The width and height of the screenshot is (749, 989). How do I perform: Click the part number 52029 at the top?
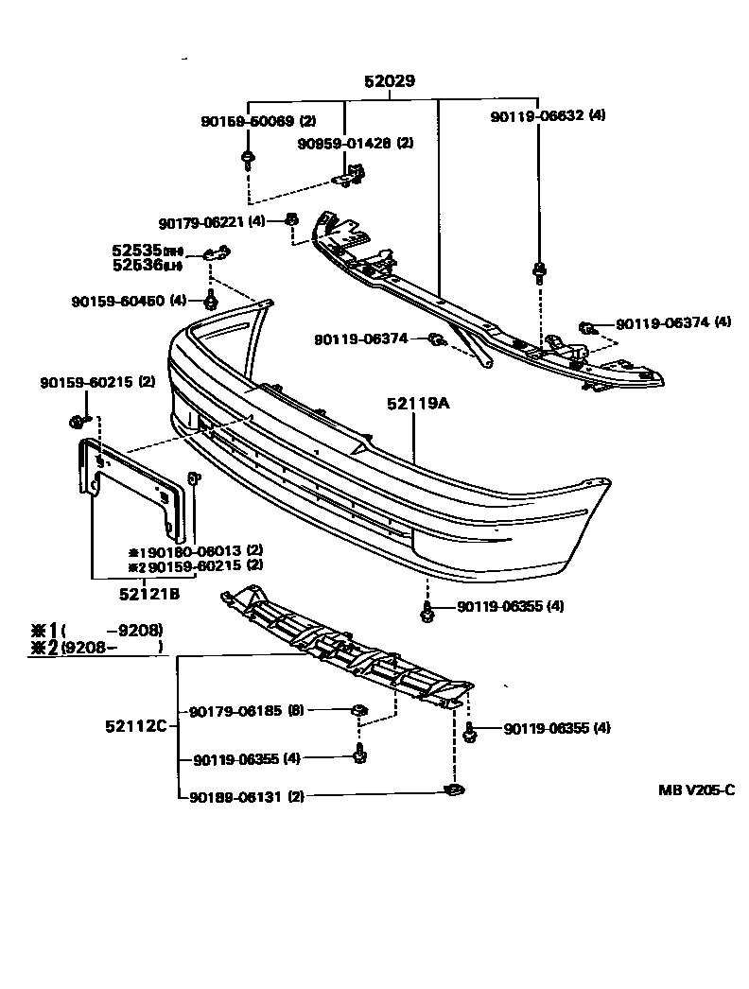point(390,82)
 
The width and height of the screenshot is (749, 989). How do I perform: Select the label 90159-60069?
point(247,121)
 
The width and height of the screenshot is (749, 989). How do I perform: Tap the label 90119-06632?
point(536,115)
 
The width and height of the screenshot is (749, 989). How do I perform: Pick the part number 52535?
point(137,251)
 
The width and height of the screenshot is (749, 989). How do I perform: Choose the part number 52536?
point(137,265)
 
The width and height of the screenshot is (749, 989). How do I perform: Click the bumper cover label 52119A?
point(417,404)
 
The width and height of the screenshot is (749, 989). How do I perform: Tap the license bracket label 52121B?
point(148,594)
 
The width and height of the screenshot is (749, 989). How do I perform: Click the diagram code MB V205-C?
point(696,789)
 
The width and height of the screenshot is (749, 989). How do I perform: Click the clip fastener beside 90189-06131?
point(454,790)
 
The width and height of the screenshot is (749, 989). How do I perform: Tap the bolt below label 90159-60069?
point(247,158)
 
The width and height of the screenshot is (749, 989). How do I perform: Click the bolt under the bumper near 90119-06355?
point(427,613)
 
